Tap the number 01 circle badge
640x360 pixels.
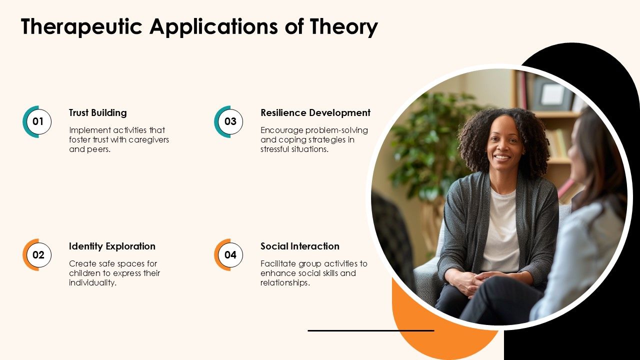click(38, 121)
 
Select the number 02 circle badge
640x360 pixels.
click(38, 255)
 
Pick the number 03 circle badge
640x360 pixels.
click(230, 121)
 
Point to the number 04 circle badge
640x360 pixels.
click(230, 255)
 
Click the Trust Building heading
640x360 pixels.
click(98, 112)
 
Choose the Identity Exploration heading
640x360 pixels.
click(112, 246)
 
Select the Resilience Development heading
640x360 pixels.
click(315, 112)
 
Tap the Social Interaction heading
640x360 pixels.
click(300, 246)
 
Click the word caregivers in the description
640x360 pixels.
click(148, 139)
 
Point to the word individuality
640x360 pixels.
click(92, 282)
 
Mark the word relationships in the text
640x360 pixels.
click(284, 282)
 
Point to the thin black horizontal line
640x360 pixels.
click(370, 330)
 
